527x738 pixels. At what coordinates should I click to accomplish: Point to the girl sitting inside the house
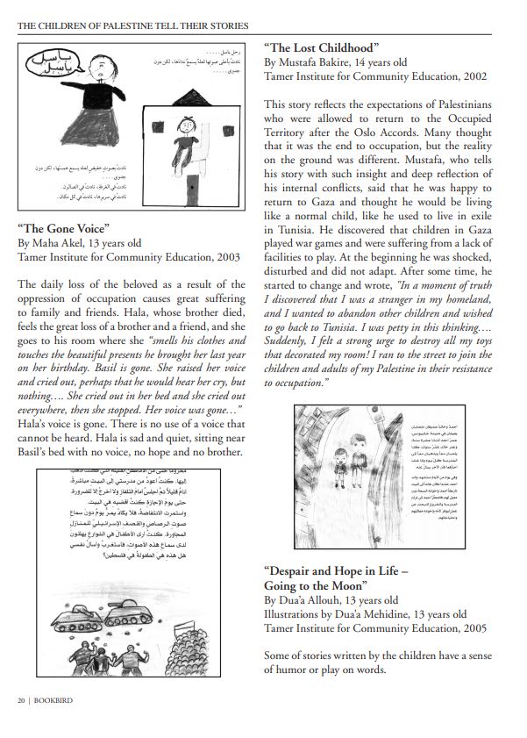(187, 135)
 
